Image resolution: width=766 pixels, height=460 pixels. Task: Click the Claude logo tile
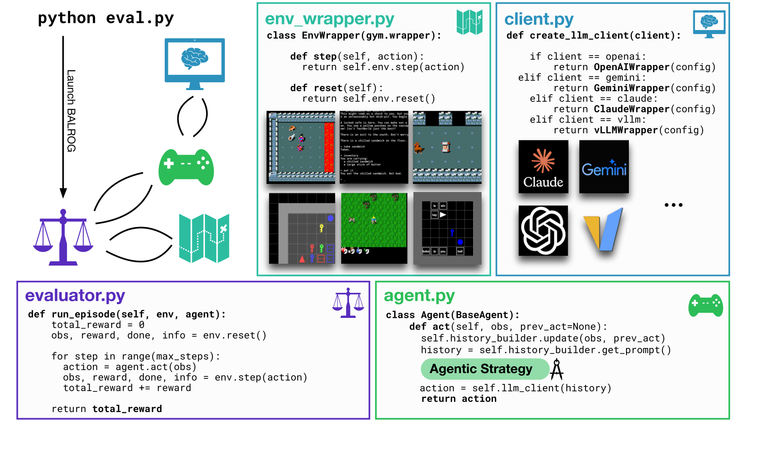(x=543, y=166)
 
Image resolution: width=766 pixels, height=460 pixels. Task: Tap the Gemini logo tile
(x=604, y=166)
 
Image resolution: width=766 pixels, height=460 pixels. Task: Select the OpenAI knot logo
(x=543, y=230)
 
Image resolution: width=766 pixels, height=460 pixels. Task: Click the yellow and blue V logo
(x=603, y=229)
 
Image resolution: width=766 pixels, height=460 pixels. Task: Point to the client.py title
(x=539, y=19)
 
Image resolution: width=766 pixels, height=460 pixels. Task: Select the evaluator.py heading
(x=75, y=295)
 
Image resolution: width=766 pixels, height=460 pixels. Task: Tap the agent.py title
(x=419, y=296)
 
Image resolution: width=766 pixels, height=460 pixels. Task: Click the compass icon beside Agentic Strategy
(x=557, y=369)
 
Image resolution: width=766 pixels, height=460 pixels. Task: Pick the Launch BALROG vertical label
(x=71, y=110)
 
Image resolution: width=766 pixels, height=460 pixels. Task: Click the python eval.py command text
(x=105, y=18)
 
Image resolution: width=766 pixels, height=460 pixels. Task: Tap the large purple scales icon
(x=63, y=237)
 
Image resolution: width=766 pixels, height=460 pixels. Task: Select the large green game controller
(x=186, y=167)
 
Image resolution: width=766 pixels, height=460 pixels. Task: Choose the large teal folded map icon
(x=204, y=238)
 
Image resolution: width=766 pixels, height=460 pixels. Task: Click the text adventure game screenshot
(x=374, y=147)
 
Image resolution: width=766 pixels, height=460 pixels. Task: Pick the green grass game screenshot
(x=374, y=228)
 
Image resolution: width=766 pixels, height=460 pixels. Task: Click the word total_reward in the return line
(x=127, y=409)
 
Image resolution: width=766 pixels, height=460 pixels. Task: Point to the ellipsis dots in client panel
(x=673, y=205)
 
